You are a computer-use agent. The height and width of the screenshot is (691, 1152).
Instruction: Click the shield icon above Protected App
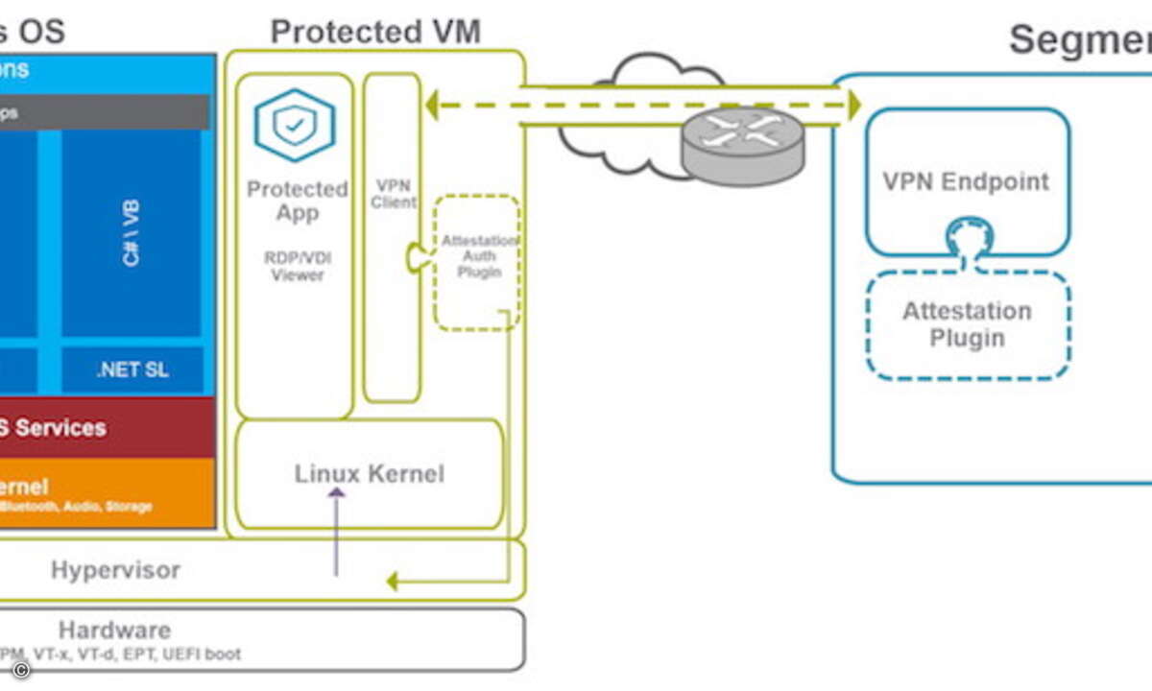point(294,126)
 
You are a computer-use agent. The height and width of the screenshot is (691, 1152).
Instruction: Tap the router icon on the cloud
point(743,143)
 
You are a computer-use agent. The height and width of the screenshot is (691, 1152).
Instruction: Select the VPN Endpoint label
point(966,181)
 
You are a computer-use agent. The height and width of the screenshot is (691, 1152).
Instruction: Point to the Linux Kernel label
point(369,473)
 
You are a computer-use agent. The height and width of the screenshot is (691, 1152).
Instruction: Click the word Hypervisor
point(115,570)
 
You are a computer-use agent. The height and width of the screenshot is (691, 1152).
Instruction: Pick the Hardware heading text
point(114,631)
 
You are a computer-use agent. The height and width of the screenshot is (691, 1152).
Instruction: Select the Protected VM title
point(374,32)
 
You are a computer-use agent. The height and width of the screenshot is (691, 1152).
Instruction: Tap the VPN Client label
point(394,193)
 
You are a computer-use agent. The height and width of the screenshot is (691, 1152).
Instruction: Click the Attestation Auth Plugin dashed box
point(477,261)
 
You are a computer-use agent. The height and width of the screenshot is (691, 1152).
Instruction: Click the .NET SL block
point(132,370)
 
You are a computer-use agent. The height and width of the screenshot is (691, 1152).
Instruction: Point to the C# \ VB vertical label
point(132,233)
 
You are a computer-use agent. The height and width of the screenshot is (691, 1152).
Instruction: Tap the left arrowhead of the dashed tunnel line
point(431,105)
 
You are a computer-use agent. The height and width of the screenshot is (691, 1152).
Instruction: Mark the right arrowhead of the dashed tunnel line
point(852,105)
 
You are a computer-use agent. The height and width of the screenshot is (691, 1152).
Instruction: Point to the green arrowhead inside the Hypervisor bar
point(392,581)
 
